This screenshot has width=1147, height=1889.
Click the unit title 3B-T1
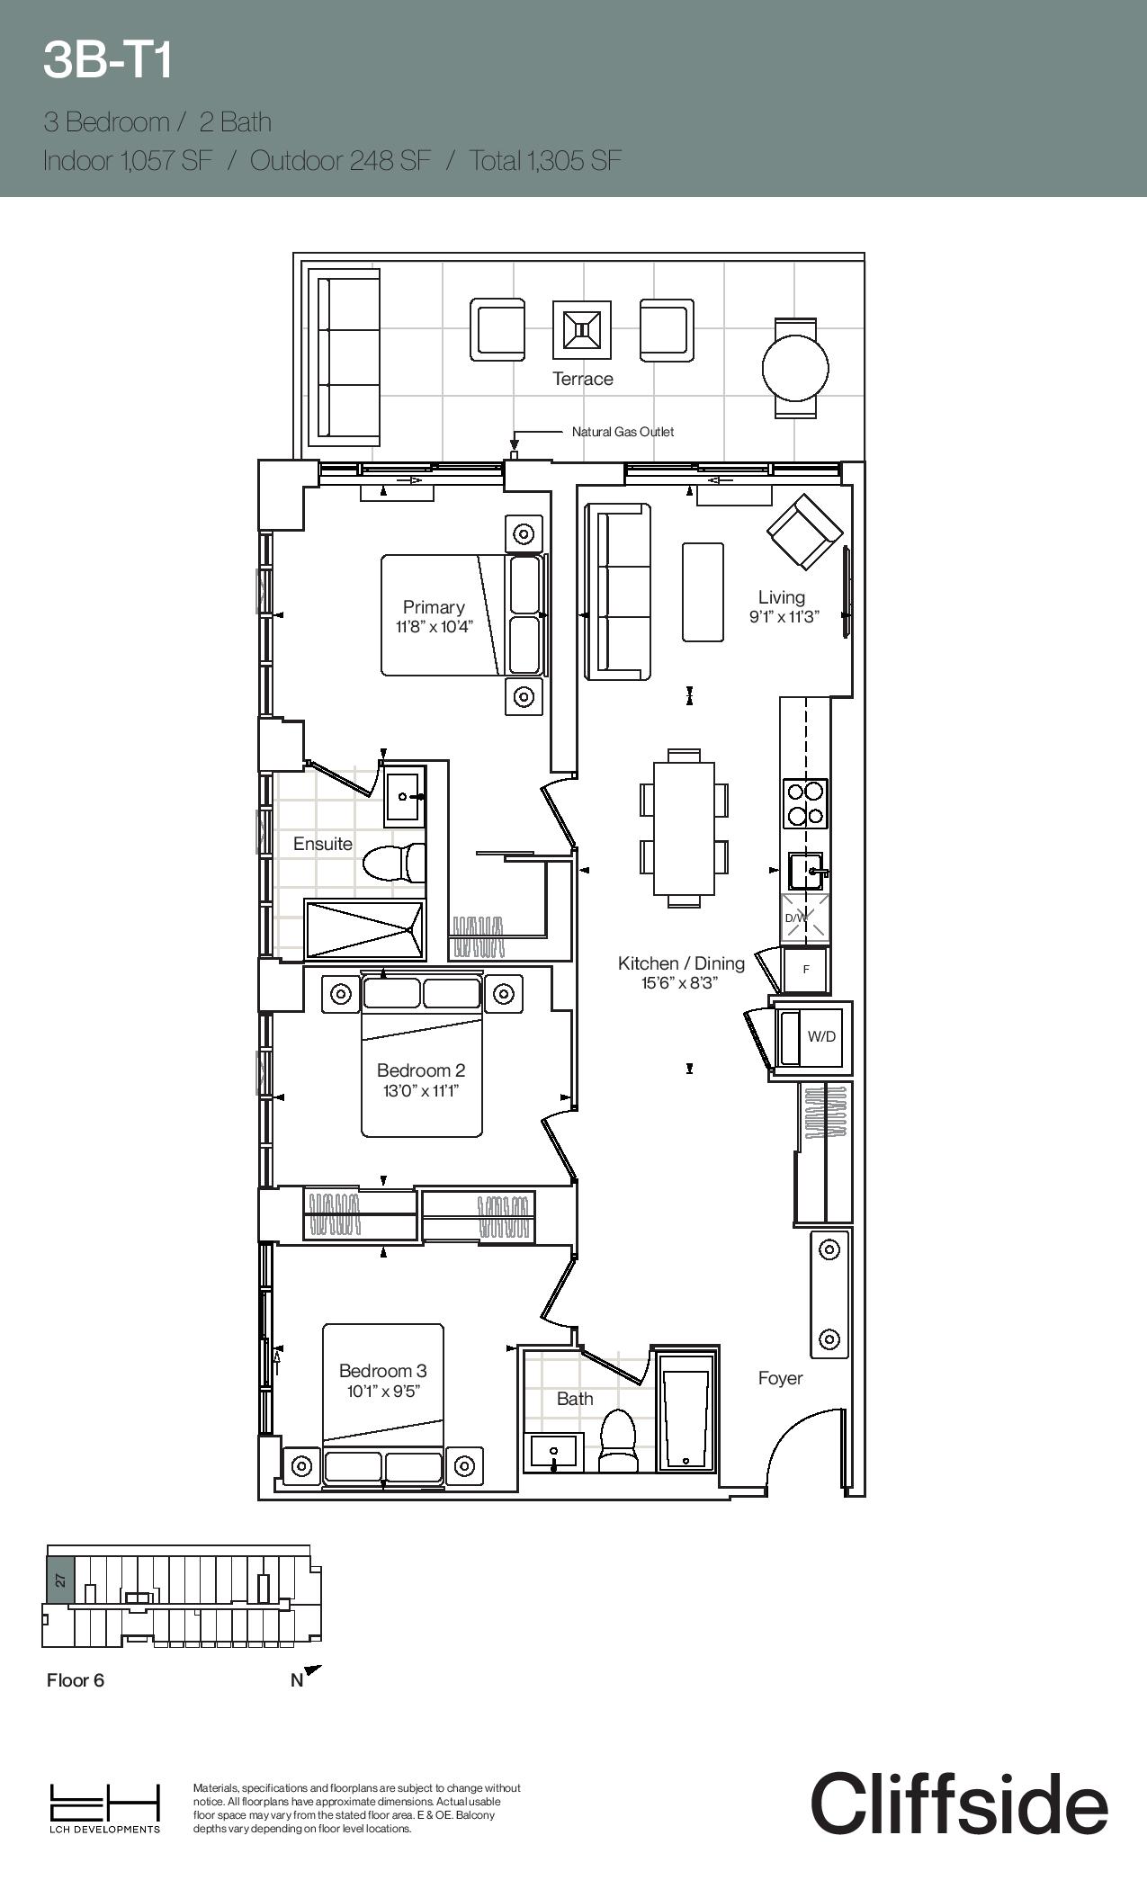pyautogui.click(x=108, y=61)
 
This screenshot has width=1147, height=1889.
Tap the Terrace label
pyautogui.click(x=583, y=379)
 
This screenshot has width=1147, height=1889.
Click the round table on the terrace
pyautogui.click(x=795, y=367)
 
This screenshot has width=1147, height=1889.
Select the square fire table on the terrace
pyautogui.click(x=582, y=329)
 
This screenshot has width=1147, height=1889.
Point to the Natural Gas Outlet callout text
pyautogui.click(x=623, y=432)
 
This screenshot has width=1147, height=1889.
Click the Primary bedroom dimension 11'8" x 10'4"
pyautogui.click(x=434, y=627)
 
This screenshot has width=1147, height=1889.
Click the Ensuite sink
pyautogui.click(x=406, y=795)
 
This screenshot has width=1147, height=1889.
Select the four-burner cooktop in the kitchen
pyautogui.click(x=805, y=803)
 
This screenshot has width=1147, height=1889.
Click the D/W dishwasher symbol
pyautogui.click(x=805, y=918)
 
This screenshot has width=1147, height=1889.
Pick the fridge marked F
pyautogui.click(x=806, y=970)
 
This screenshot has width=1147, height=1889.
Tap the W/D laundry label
pyautogui.click(x=821, y=1036)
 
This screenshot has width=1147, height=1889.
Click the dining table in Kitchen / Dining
pyautogui.click(x=684, y=828)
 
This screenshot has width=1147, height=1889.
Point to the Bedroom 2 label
pyautogui.click(x=421, y=1070)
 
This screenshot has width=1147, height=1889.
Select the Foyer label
pyautogui.click(x=780, y=1378)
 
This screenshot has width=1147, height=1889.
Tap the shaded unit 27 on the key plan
pyautogui.click(x=60, y=1580)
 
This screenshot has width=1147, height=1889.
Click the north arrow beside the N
pyautogui.click(x=312, y=1671)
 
